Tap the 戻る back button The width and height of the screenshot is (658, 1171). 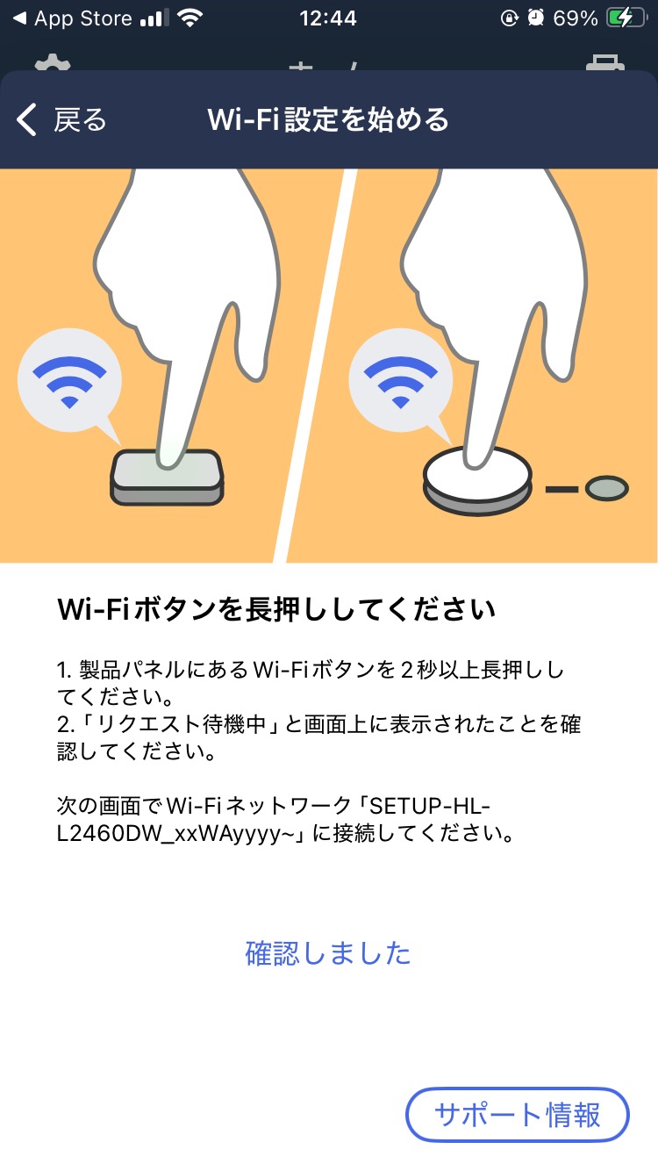click(61, 119)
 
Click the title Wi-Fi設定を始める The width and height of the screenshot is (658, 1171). click(328, 119)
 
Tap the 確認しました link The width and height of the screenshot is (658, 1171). click(328, 952)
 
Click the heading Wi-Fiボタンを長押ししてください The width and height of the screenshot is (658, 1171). click(276, 608)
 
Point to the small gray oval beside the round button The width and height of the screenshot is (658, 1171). click(606, 488)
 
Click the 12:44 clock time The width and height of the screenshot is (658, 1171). click(328, 18)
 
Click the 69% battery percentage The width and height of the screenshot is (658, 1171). click(576, 18)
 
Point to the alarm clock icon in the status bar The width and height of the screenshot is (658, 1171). click(536, 18)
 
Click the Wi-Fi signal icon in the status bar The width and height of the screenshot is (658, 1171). click(189, 18)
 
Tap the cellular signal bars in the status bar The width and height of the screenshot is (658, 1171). click(154, 18)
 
